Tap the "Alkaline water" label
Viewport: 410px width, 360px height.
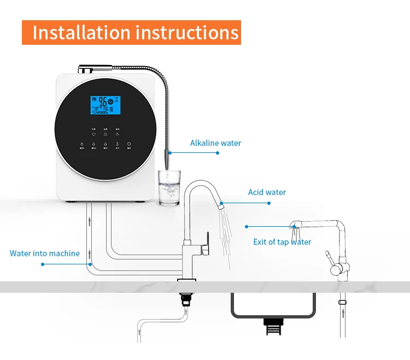tap(215, 143)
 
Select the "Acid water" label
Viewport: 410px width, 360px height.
tap(267, 192)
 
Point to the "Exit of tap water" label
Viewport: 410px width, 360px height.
tap(282, 242)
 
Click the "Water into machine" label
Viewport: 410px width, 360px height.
tap(45, 253)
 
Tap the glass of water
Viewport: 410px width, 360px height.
tap(169, 188)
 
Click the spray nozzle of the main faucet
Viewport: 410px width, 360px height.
tap(221, 206)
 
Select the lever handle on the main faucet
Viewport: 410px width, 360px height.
tap(206, 243)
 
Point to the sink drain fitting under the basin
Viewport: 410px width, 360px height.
tap(273, 326)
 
